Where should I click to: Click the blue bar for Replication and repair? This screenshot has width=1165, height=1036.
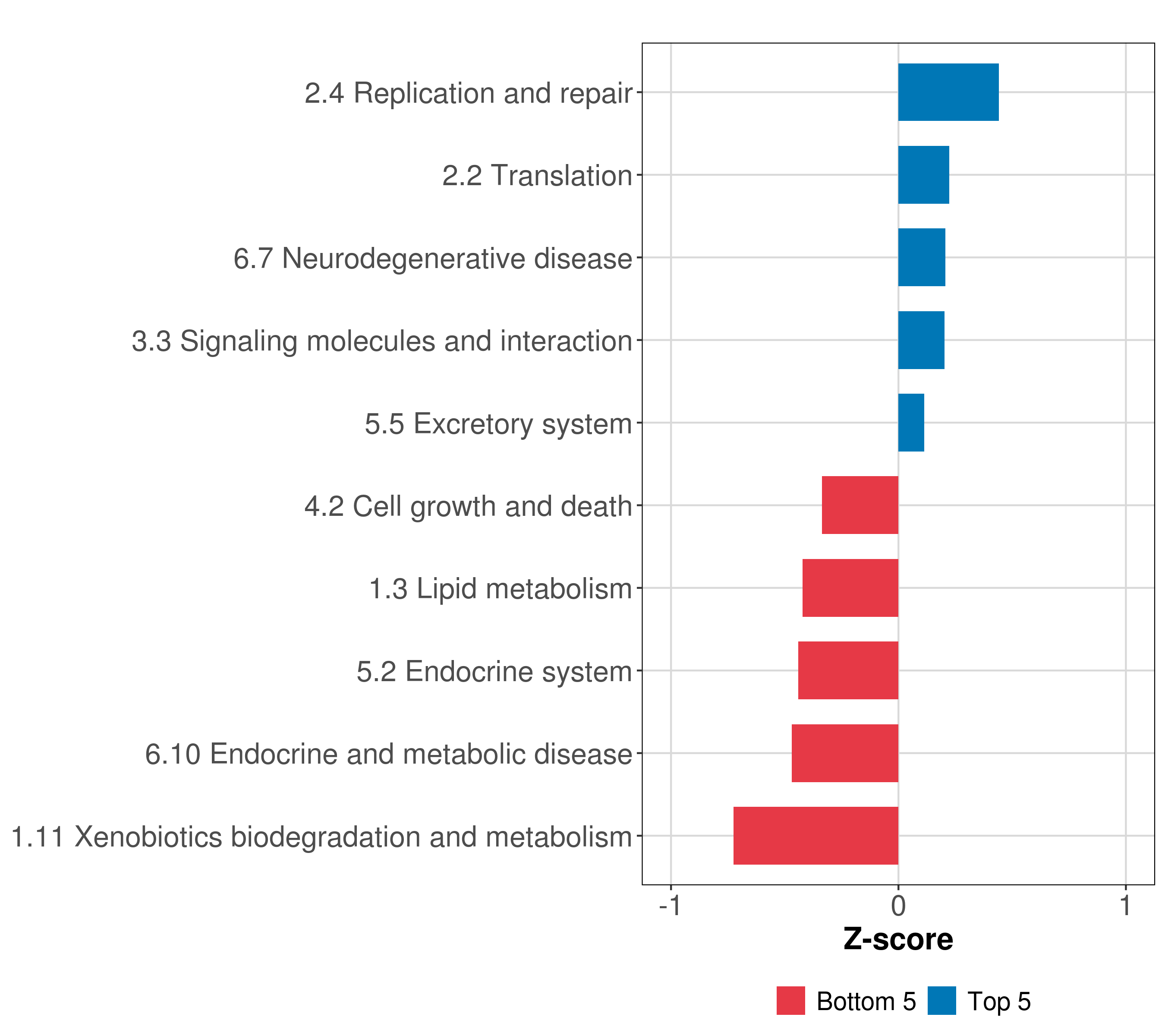coord(948,92)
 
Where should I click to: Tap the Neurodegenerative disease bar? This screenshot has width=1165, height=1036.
coord(922,257)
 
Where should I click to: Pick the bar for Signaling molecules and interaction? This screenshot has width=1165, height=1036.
coord(921,340)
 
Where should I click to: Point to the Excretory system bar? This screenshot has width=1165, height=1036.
coord(911,423)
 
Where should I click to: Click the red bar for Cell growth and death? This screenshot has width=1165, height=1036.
coord(860,505)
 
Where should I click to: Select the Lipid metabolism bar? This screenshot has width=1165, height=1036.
coord(850,588)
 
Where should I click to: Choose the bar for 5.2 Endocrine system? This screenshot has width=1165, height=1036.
coord(848,670)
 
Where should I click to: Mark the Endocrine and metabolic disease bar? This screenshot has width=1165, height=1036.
coord(845,753)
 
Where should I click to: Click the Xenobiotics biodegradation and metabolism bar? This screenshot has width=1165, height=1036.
coord(815,836)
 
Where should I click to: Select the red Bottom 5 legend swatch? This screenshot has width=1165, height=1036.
coord(790,1001)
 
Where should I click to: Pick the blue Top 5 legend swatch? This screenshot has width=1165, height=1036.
coord(941,1001)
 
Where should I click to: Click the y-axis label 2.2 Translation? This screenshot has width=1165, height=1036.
coord(538,176)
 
